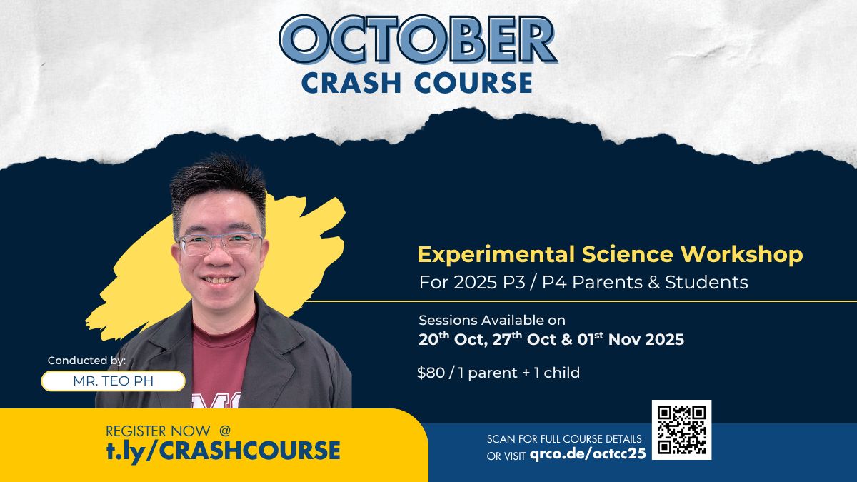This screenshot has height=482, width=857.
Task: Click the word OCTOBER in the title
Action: (x=419, y=39)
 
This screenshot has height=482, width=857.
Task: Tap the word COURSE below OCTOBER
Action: (x=473, y=83)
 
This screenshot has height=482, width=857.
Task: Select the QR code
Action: (x=682, y=430)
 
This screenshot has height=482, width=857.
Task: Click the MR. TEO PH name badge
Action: (x=114, y=381)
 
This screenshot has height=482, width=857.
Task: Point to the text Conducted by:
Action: (x=86, y=361)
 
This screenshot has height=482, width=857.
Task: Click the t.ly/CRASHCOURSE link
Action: (x=223, y=451)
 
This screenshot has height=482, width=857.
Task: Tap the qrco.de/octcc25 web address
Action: (x=588, y=453)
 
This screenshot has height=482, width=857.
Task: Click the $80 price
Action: (x=431, y=373)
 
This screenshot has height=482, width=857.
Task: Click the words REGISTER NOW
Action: (x=158, y=431)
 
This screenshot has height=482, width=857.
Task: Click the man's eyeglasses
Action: (x=221, y=243)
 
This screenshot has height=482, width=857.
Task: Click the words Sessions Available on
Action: (x=492, y=320)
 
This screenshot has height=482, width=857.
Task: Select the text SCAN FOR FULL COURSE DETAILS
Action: (x=564, y=438)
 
